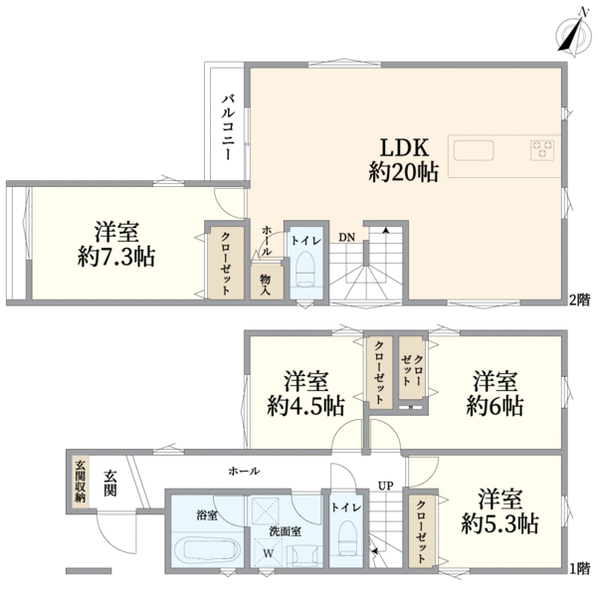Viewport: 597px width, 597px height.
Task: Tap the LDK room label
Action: pyautogui.click(x=404, y=142)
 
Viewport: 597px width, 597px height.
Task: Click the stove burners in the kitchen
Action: pyautogui.click(x=542, y=150)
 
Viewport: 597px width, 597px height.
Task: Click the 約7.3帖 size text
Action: pyautogui.click(x=117, y=257)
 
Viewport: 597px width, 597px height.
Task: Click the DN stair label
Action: pyautogui.click(x=345, y=237)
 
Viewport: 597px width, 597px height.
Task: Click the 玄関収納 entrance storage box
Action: pyautogui.click(x=80, y=481)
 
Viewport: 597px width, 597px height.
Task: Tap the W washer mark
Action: pyautogui.click(x=267, y=552)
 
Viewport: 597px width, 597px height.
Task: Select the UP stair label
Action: pyautogui.click(x=384, y=486)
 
